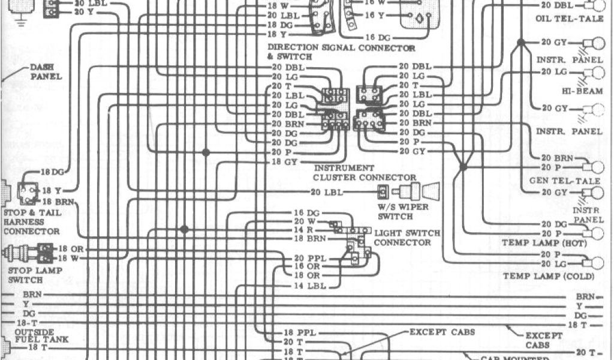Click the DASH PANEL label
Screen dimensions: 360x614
tap(46, 73)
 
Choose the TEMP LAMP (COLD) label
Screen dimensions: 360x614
tap(549, 276)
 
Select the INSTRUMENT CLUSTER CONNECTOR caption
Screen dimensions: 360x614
tap(365, 173)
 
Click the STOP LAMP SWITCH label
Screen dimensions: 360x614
tap(23, 275)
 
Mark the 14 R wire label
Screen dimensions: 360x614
tap(301, 230)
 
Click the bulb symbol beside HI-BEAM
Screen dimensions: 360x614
tap(597, 73)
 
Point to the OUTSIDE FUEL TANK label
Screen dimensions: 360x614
tap(34, 336)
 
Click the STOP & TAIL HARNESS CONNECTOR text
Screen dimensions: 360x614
tap(32, 221)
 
